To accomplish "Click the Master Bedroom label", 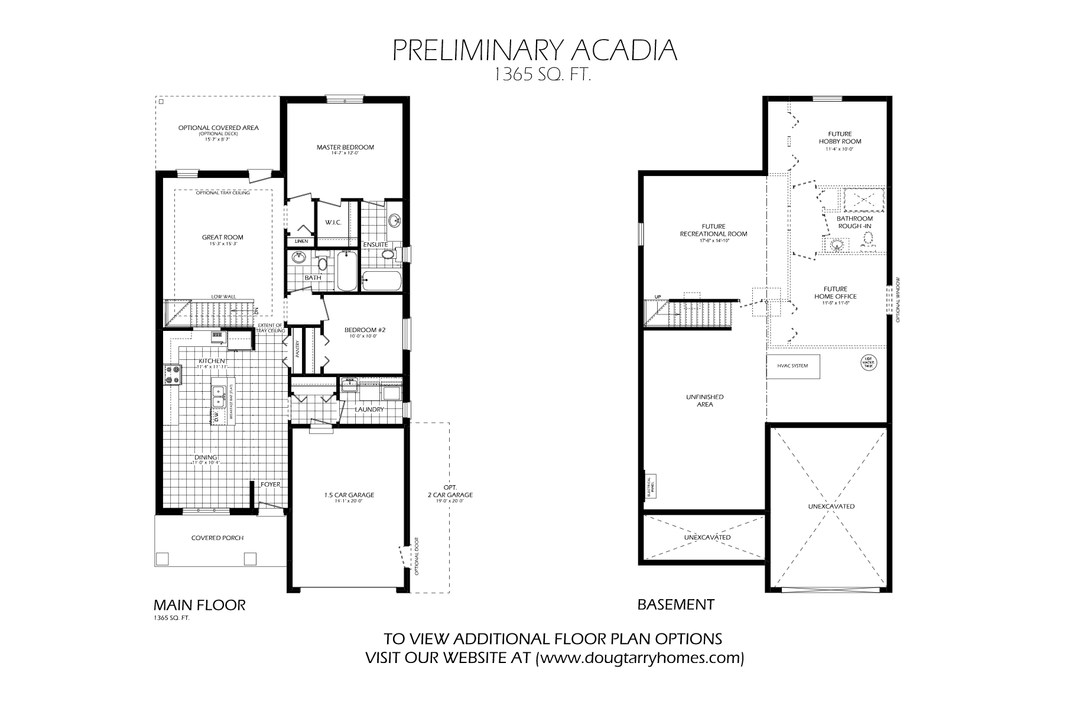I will click(345, 147).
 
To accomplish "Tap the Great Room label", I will click(222, 238).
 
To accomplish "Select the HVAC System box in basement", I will click(793, 366).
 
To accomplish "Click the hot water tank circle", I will click(869, 362).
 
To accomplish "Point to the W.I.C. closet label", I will click(331, 223).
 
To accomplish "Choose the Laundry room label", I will click(369, 409).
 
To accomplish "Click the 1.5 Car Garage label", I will click(349, 495).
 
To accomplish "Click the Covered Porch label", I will click(217, 538).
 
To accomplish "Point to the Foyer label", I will click(271, 485).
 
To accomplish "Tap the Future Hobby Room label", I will click(840, 138).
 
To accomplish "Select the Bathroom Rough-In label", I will click(855, 222).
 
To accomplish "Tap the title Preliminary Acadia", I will click(535, 50).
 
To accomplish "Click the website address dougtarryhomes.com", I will click(639, 658).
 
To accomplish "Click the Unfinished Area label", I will click(705, 401).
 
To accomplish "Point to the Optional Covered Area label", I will click(218, 128).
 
